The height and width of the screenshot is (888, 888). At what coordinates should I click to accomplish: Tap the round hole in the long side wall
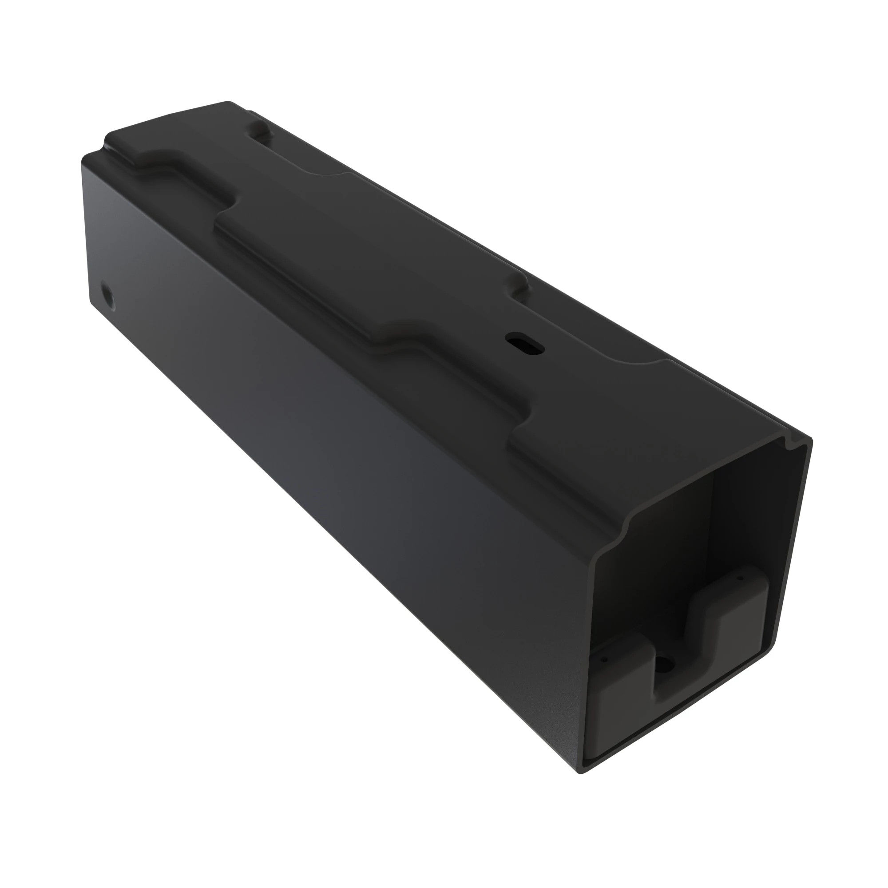click(x=107, y=292)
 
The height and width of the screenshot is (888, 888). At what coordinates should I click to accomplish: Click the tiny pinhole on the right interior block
click(x=741, y=579)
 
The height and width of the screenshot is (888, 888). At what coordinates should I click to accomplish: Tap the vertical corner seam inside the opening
click(x=711, y=528)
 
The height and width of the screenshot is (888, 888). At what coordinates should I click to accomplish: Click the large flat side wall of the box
click(x=322, y=460)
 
